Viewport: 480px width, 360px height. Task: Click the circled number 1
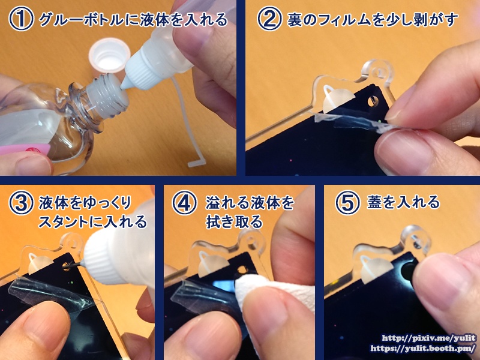pos(21,20)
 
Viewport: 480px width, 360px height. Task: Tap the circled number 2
pos(269,20)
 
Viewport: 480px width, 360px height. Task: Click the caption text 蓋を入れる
pos(403,203)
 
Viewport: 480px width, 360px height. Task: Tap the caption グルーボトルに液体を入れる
pos(133,20)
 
